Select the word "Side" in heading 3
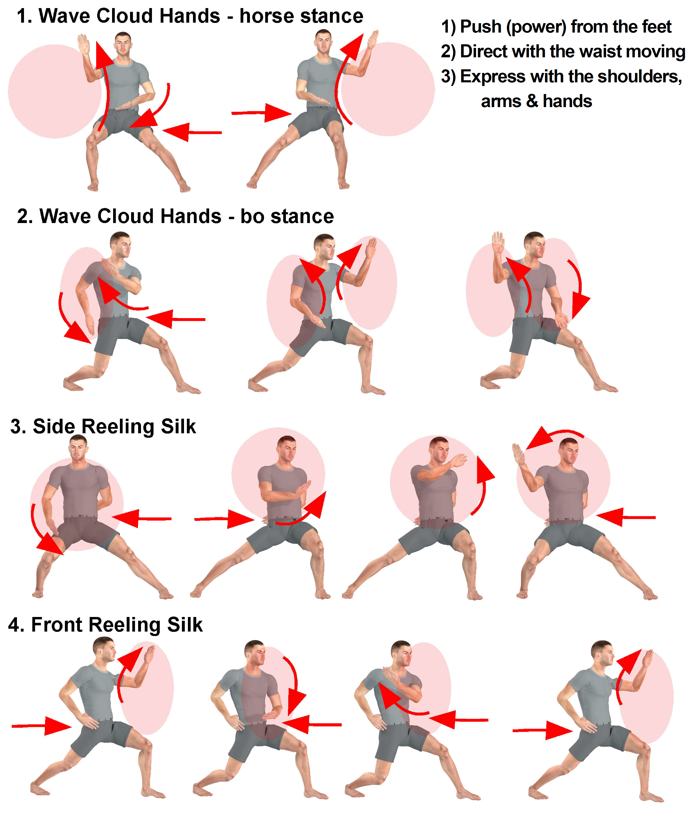tap(55, 426)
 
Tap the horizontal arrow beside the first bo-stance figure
tap(176, 319)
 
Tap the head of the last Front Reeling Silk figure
tap(603, 654)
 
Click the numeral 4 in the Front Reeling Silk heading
tap(14, 625)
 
